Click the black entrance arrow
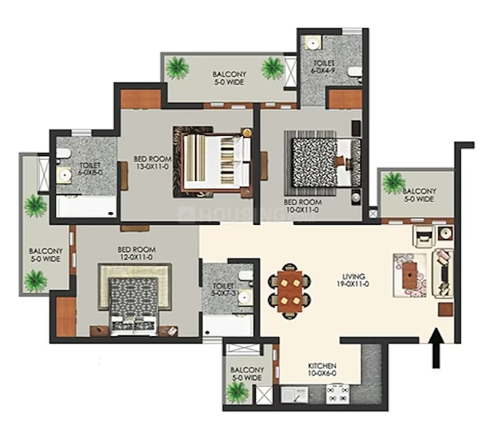[436, 348]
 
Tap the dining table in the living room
[290, 291]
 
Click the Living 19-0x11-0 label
[355, 280]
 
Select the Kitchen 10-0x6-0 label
[322, 369]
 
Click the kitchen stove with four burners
[338, 394]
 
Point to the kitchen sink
[294, 395]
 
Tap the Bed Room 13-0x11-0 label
[153, 163]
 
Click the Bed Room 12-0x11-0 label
[137, 253]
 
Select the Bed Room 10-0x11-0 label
[303, 206]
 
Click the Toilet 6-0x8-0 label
[90, 169]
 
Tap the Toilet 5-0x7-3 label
[224, 290]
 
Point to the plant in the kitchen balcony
[237, 392]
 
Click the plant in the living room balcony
[393, 183]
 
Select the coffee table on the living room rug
[410, 275]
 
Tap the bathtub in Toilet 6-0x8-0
[86, 206]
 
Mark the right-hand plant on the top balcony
[273, 68]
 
